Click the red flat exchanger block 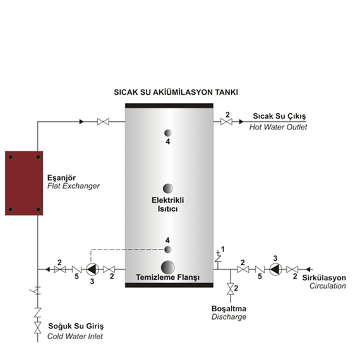(x=24, y=183)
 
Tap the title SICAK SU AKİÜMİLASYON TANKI (x=176, y=92)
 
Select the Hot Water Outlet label (x=279, y=127)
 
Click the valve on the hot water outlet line (x=226, y=122)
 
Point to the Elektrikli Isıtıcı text (x=168, y=205)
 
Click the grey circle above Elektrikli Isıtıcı (x=168, y=188)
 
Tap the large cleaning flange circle (x=168, y=267)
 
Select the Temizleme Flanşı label (x=168, y=277)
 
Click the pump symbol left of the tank (x=92, y=269)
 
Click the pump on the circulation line (x=275, y=269)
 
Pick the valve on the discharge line (x=231, y=289)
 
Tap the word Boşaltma (x=229, y=309)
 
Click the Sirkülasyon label (x=324, y=278)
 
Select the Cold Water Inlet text (x=75, y=337)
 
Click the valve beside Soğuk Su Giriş (x=38, y=328)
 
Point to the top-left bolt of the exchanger (x=11, y=157)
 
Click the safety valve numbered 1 (x=218, y=258)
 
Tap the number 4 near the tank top (x=168, y=141)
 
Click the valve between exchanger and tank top (x=103, y=122)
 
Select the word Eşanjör (x=61, y=178)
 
